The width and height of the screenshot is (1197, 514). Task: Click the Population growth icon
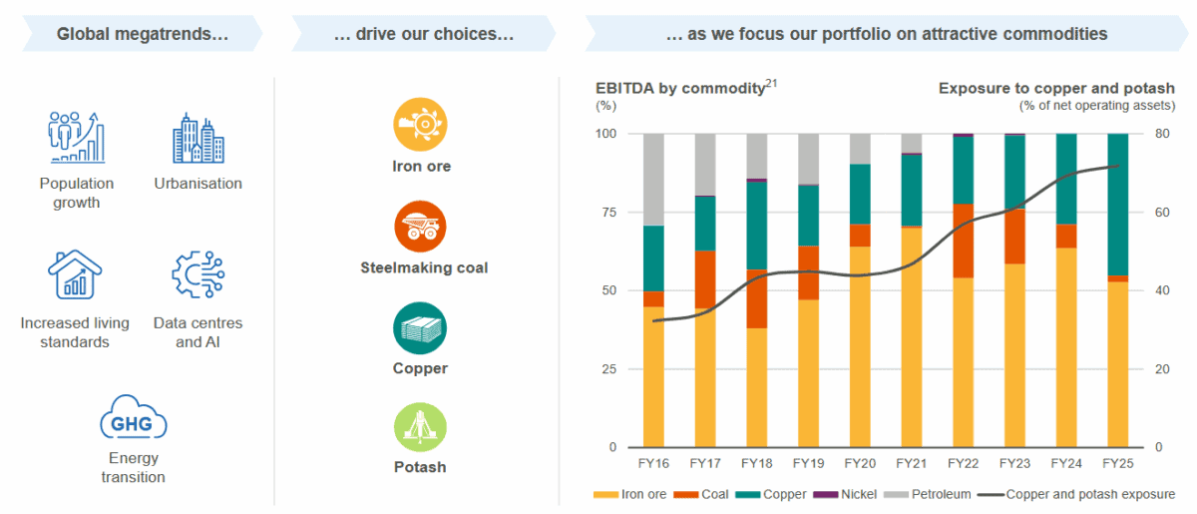77,138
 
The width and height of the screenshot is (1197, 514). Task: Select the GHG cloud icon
133,422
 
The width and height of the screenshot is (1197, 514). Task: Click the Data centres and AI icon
198,275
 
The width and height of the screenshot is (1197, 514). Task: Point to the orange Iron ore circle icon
420,124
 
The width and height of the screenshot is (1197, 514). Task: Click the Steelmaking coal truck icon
420,227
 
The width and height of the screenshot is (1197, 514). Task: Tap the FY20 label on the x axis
861,464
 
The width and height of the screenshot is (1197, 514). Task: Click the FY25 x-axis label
1118,464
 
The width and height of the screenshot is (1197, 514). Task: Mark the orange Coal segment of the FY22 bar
964,241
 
